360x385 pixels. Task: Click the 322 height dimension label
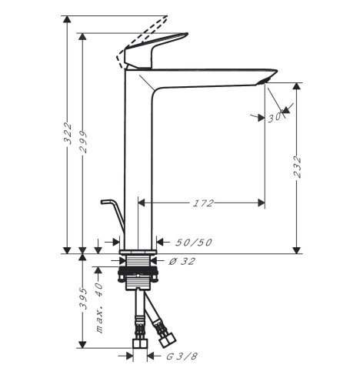[x=68, y=133]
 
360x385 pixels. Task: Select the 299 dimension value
[x=83, y=142]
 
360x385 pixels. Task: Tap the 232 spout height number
[x=297, y=167]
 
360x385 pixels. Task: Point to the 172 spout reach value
[x=203, y=203]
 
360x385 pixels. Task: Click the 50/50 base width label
[x=194, y=243]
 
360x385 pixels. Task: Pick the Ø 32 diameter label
[x=182, y=261]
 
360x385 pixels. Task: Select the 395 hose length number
[x=83, y=299]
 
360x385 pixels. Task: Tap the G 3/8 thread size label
[x=182, y=357]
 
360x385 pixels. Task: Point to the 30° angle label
[x=275, y=118]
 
